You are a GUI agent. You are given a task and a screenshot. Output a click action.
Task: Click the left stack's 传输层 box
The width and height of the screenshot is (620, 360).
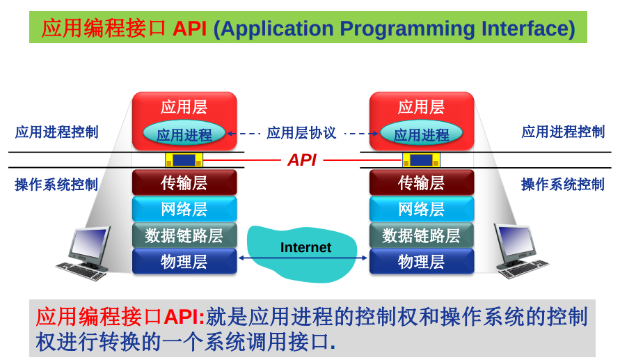click(184, 183)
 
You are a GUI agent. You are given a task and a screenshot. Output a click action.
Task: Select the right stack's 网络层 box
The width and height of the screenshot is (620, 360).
click(421, 209)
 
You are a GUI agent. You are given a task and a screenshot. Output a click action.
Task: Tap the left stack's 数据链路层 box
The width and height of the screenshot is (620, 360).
click(184, 235)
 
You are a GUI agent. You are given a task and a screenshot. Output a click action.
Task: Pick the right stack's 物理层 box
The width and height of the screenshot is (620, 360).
click(421, 262)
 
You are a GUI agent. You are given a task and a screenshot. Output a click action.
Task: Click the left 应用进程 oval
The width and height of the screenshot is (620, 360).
click(184, 134)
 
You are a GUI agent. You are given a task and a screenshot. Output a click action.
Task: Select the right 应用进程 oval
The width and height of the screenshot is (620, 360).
click(421, 134)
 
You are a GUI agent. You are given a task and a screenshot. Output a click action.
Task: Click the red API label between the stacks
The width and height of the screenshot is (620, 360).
click(302, 160)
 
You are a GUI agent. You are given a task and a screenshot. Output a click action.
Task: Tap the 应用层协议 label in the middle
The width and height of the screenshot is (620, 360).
click(301, 133)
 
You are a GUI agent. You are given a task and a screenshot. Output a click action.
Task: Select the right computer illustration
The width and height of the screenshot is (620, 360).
click(519, 251)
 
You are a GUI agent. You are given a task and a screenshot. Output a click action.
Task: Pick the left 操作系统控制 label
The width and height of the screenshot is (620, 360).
click(56, 185)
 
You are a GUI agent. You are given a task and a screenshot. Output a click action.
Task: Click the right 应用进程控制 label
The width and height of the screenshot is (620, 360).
click(563, 132)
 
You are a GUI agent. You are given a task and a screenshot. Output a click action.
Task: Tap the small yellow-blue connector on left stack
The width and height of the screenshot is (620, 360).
click(184, 160)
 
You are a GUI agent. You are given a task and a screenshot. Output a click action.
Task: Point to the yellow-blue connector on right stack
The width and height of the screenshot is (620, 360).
click(421, 160)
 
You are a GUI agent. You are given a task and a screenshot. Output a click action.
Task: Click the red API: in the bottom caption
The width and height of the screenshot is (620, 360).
click(184, 318)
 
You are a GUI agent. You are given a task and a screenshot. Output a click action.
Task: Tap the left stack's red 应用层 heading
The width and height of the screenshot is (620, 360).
click(184, 107)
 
